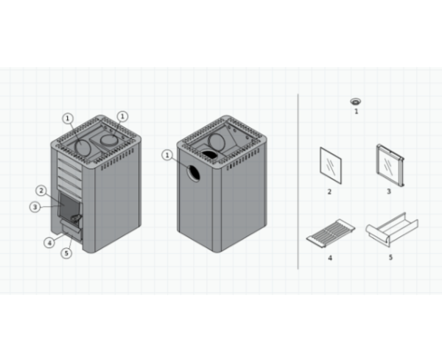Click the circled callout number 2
point(41,191)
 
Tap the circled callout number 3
point(35,207)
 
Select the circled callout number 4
point(49,243)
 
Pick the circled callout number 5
point(66,253)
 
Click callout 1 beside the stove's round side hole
point(167,155)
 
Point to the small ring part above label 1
point(356,102)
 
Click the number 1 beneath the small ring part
point(357,112)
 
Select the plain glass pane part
point(331,166)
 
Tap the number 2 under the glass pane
point(329,192)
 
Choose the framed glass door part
point(390,166)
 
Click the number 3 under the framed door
point(389,191)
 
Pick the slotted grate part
point(331,233)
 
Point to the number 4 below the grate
point(330,258)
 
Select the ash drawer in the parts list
point(392,230)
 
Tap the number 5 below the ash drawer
point(390,258)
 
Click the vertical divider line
point(298,182)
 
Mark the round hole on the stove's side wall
point(194,174)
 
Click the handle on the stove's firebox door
point(76,218)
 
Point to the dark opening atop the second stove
point(209,155)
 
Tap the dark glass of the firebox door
point(69,206)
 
